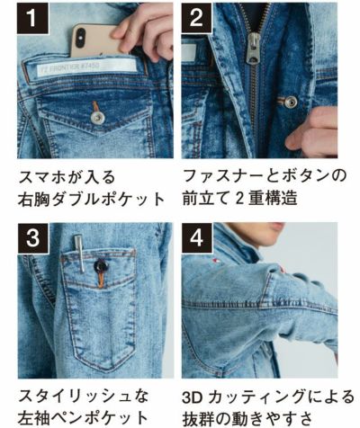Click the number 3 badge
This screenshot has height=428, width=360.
click(x=31, y=240)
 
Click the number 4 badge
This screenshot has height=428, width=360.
click(x=197, y=240)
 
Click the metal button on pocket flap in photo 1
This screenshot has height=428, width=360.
click(x=96, y=117)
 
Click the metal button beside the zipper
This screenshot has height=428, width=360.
click(x=290, y=102)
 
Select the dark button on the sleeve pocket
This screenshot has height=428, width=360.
click(x=101, y=265)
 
